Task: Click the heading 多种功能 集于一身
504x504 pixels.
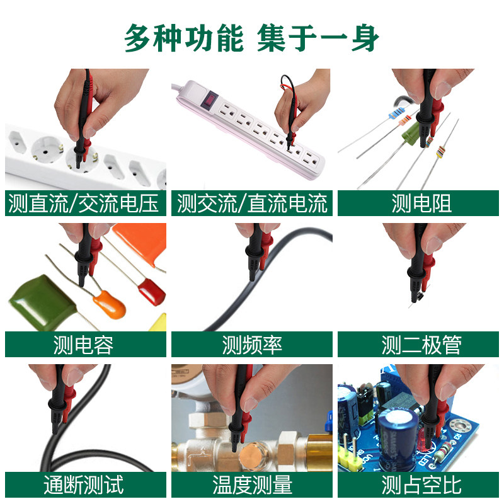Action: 252,38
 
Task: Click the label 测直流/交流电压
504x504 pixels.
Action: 86,203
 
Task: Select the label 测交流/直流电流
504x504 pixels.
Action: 252,203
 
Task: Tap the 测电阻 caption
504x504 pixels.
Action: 418,203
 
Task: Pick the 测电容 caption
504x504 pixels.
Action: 86,345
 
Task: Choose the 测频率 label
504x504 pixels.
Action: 252,345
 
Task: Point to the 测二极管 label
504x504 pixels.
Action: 418,345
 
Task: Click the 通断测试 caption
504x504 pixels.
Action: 86,485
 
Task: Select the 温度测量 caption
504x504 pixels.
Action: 252,485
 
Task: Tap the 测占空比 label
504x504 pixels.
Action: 418,485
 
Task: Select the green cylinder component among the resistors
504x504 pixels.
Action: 413,134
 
